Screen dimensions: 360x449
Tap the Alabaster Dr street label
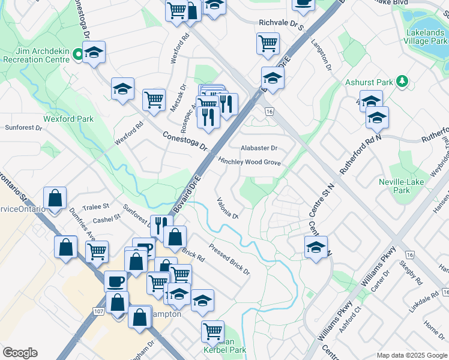click(x=259, y=148)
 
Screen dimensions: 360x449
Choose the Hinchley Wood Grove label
click(x=249, y=162)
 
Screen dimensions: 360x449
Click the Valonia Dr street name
click(x=228, y=208)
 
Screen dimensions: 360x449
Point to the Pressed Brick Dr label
click(x=229, y=259)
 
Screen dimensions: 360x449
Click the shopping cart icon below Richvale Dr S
click(x=268, y=43)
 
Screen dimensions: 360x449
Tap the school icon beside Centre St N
click(x=316, y=247)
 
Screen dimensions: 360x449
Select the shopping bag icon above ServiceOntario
click(x=55, y=197)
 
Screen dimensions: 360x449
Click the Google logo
click(x=20, y=353)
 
